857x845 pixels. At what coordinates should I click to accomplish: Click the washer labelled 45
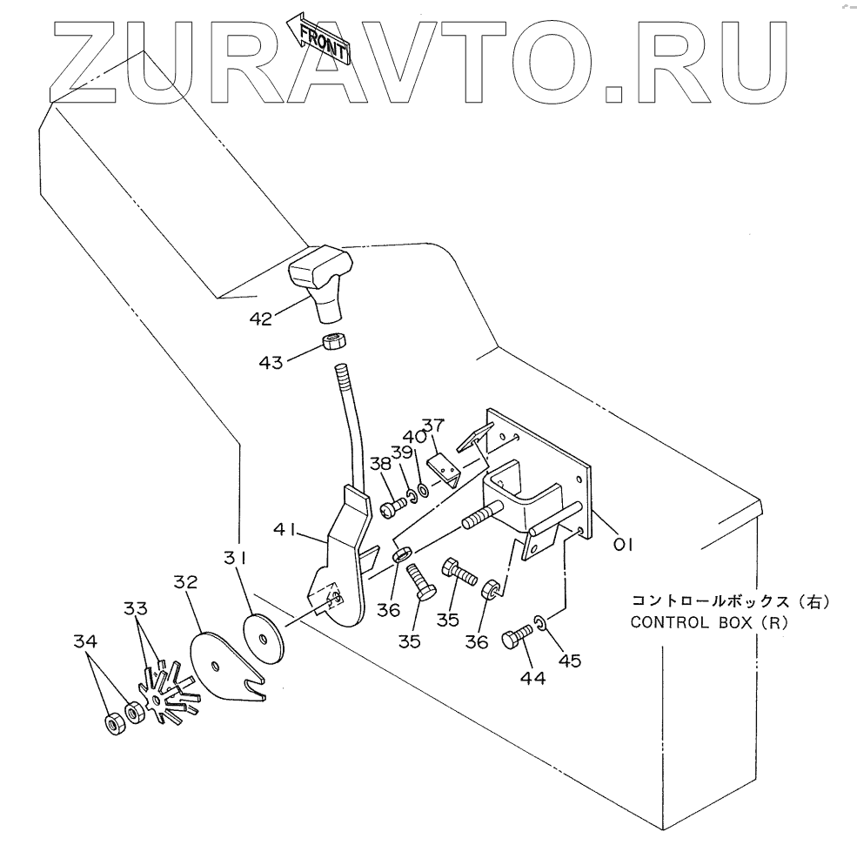[539, 622]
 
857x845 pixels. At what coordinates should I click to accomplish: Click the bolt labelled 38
[391, 504]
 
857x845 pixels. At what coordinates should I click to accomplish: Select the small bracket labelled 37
[447, 469]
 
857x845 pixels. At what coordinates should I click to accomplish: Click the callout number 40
[412, 437]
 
